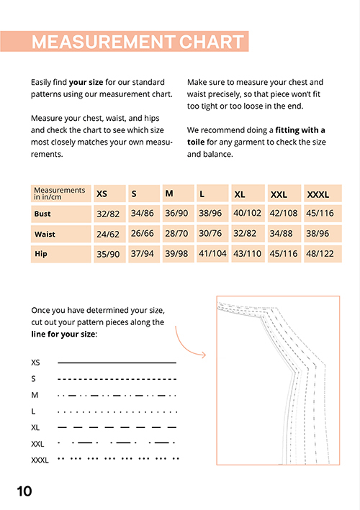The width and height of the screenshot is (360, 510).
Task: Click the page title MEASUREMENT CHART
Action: click(138, 42)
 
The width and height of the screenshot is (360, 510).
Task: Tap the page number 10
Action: click(24, 491)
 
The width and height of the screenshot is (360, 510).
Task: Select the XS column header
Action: click(109, 193)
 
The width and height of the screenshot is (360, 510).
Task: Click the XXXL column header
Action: click(323, 193)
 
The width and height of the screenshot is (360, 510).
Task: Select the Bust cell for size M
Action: click(178, 214)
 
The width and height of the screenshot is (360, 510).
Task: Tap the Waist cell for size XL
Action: click(248, 234)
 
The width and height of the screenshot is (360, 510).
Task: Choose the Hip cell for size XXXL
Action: click(323, 254)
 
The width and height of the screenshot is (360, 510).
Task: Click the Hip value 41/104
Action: click(212, 253)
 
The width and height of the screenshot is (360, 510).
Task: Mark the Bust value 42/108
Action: click(284, 213)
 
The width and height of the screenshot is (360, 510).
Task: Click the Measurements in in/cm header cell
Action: click(61, 193)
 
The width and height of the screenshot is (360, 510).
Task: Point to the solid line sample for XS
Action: click(117, 363)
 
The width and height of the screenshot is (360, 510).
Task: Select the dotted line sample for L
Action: click(117, 411)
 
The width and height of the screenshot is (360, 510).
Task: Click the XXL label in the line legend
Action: click(37, 444)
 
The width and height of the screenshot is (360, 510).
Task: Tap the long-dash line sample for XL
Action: click(117, 427)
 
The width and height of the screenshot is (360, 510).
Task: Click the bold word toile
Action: click(196, 142)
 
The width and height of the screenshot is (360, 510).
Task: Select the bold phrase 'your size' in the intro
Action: click(86, 82)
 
